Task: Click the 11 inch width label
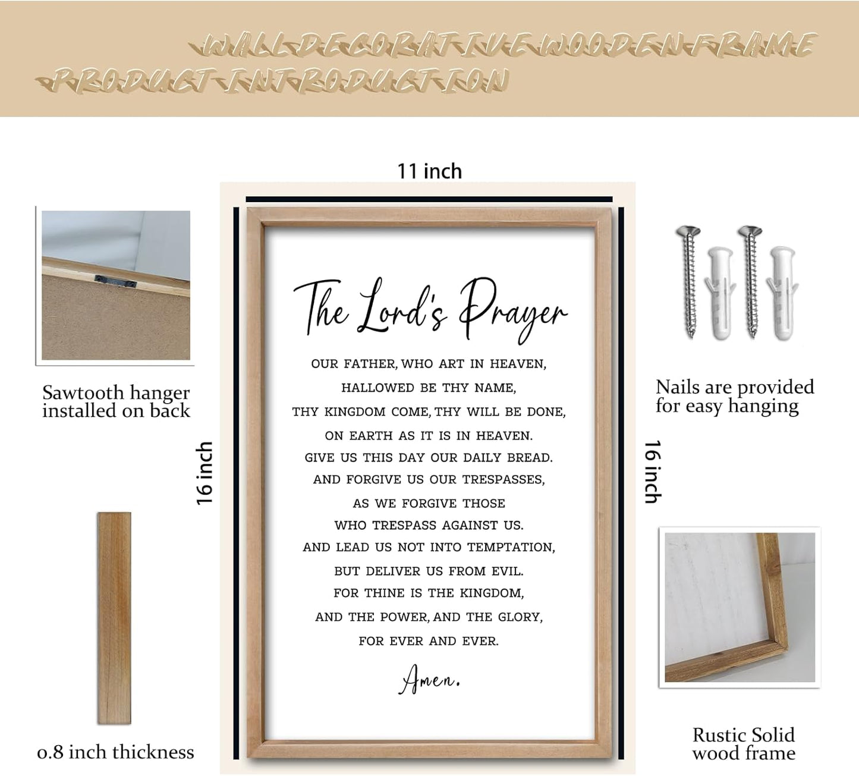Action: (x=429, y=171)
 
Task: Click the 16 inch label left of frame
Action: (x=204, y=473)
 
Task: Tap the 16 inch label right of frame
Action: (x=653, y=472)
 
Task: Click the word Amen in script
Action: (x=429, y=679)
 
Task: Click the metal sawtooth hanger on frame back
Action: (x=115, y=281)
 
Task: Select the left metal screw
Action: (x=690, y=279)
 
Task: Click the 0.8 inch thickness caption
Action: (x=115, y=752)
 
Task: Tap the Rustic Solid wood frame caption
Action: (x=743, y=744)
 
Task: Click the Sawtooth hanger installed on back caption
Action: (x=116, y=401)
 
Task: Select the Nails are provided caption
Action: (x=734, y=396)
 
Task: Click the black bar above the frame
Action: (x=429, y=199)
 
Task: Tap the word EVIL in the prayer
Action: (x=507, y=571)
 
